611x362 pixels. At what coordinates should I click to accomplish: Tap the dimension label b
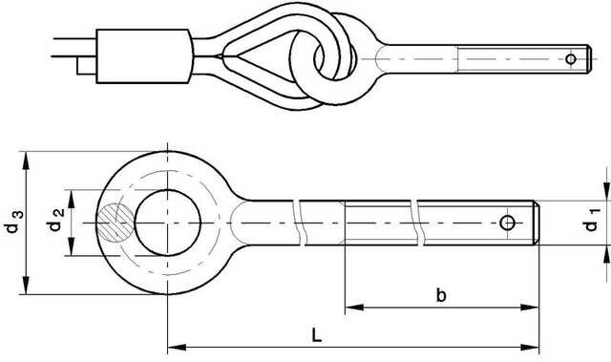[x=441, y=296]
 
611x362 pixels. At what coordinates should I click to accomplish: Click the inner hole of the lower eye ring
[x=168, y=224]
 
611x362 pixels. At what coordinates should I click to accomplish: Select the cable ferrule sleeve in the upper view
[x=144, y=56]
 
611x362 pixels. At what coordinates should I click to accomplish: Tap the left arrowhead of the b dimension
[x=350, y=308]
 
